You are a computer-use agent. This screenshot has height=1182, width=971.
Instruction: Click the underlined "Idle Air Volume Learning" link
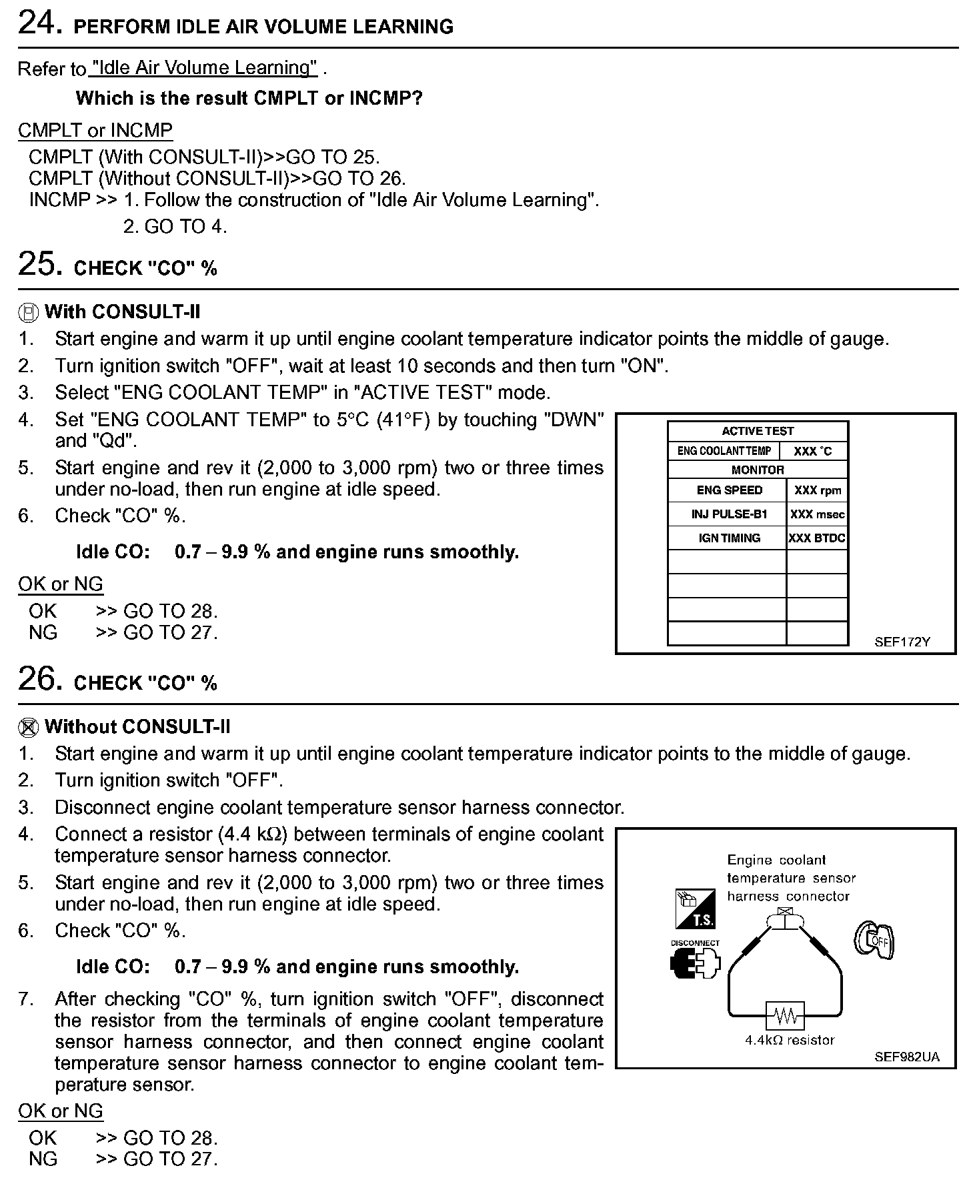[x=203, y=68]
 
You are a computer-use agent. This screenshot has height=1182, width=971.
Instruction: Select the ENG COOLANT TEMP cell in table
[x=724, y=451]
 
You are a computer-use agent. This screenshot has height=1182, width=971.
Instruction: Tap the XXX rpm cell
[x=818, y=490]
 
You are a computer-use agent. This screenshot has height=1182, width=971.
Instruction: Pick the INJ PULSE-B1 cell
[x=729, y=514]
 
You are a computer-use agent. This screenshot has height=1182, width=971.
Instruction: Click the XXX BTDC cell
[x=817, y=538]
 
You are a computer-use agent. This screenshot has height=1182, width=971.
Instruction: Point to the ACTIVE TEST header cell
[x=758, y=431]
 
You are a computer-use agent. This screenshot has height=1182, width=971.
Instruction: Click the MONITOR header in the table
[x=758, y=470]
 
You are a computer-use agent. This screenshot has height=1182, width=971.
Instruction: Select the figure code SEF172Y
[x=902, y=642]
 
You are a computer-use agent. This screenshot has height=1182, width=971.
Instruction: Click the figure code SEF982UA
[x=906, y=1057]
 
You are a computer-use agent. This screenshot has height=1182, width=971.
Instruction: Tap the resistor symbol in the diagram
[x=786, y=1016]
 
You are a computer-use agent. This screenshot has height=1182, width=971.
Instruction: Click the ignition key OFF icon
[x=874, y=941]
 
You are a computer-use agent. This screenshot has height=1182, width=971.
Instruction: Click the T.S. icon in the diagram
[x=695, y=909]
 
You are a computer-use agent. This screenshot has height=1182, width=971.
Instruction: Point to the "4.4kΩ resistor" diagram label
[x=790, y=1040]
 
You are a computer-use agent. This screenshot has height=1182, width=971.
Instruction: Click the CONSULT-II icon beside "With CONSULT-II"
[x=27, y=312]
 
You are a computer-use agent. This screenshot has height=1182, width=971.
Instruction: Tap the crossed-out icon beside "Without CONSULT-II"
[x=27, y=727]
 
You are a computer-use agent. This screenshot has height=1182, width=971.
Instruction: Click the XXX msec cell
[x=818, y=514]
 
